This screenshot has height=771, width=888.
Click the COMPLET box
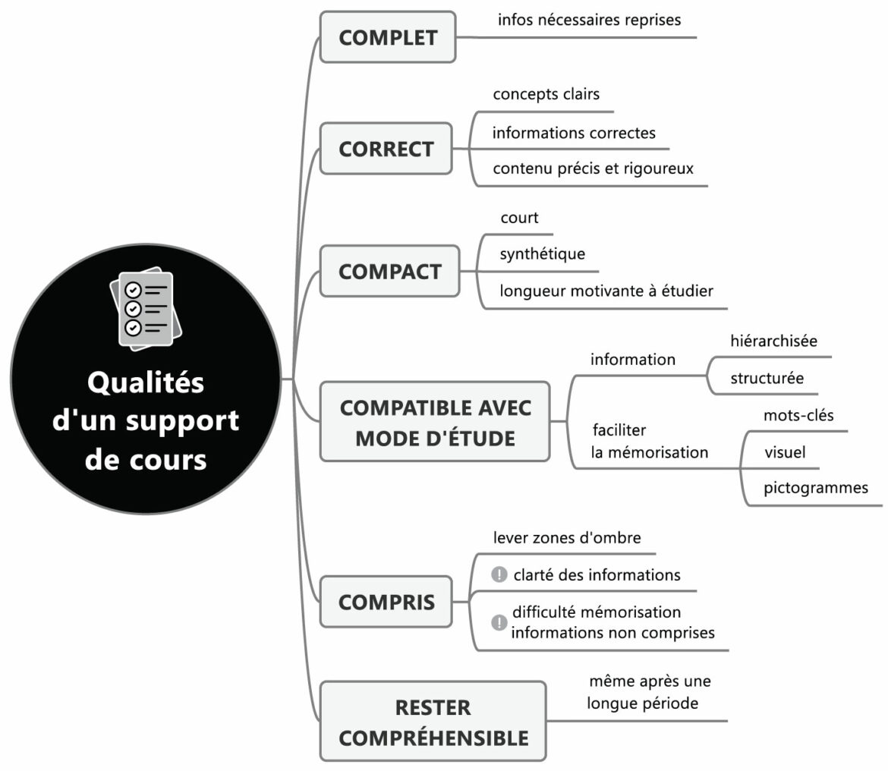click(388, 37)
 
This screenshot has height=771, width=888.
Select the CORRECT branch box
click(386, 149)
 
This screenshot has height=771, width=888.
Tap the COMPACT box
click(389, 271)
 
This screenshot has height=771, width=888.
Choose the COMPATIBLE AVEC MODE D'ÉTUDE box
click(435, 422)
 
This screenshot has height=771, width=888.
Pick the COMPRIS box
click(386, 602)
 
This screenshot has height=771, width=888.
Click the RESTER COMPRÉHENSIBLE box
click(433, 722)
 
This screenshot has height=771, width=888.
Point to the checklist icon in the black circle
click(146, 309)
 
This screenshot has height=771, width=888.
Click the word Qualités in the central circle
click(146, 382)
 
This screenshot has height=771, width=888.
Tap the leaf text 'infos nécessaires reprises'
click(589, 20)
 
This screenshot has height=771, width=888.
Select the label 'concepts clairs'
click(546, 94)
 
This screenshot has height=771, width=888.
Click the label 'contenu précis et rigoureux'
click(593, 168)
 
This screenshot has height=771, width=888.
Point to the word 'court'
click(519, 218)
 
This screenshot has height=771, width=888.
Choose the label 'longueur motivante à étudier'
click(606, 291)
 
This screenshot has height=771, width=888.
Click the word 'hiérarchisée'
click(773, 341)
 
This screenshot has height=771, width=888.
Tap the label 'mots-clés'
click(798, 415)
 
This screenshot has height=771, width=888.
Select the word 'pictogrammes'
click(816, 488)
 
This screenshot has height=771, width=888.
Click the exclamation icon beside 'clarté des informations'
click(499, 574)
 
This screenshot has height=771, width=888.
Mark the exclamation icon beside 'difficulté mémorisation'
click(499, 622)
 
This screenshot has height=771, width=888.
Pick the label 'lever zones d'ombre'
click(566, 538)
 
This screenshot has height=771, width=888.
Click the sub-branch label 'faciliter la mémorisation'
click(650, 441)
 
